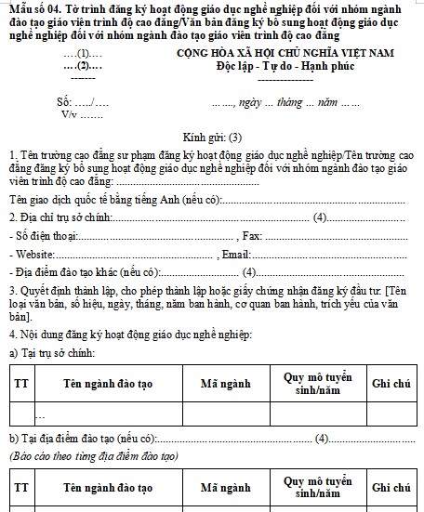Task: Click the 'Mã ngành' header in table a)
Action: [227, 383]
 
